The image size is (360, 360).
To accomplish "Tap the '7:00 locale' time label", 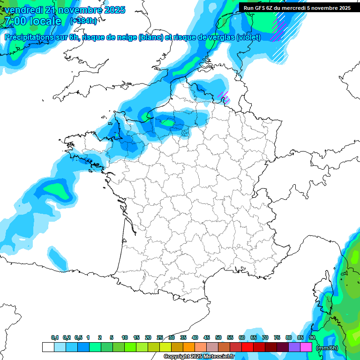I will (32, 21).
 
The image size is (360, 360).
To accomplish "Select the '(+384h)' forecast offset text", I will (83, 21).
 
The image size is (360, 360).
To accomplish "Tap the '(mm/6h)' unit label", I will (327, 348).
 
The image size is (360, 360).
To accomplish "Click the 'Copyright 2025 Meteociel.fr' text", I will (199, 357).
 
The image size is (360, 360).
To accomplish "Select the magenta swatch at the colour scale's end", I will (307, 347).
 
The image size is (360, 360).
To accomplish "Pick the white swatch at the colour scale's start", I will (48, 347).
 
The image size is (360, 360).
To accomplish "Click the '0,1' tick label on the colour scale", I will (55, 338).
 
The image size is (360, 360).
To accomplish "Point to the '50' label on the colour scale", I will (218, 338).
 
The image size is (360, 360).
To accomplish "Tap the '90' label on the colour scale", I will (312, 338).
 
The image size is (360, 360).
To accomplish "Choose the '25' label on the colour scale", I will (160, 338).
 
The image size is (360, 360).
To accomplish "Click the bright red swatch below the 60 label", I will (247, 347).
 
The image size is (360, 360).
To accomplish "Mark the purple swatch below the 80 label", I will (294, 347).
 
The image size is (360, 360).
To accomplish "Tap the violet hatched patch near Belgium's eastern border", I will (223, 97).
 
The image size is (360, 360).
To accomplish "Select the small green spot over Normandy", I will (168, 123).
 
